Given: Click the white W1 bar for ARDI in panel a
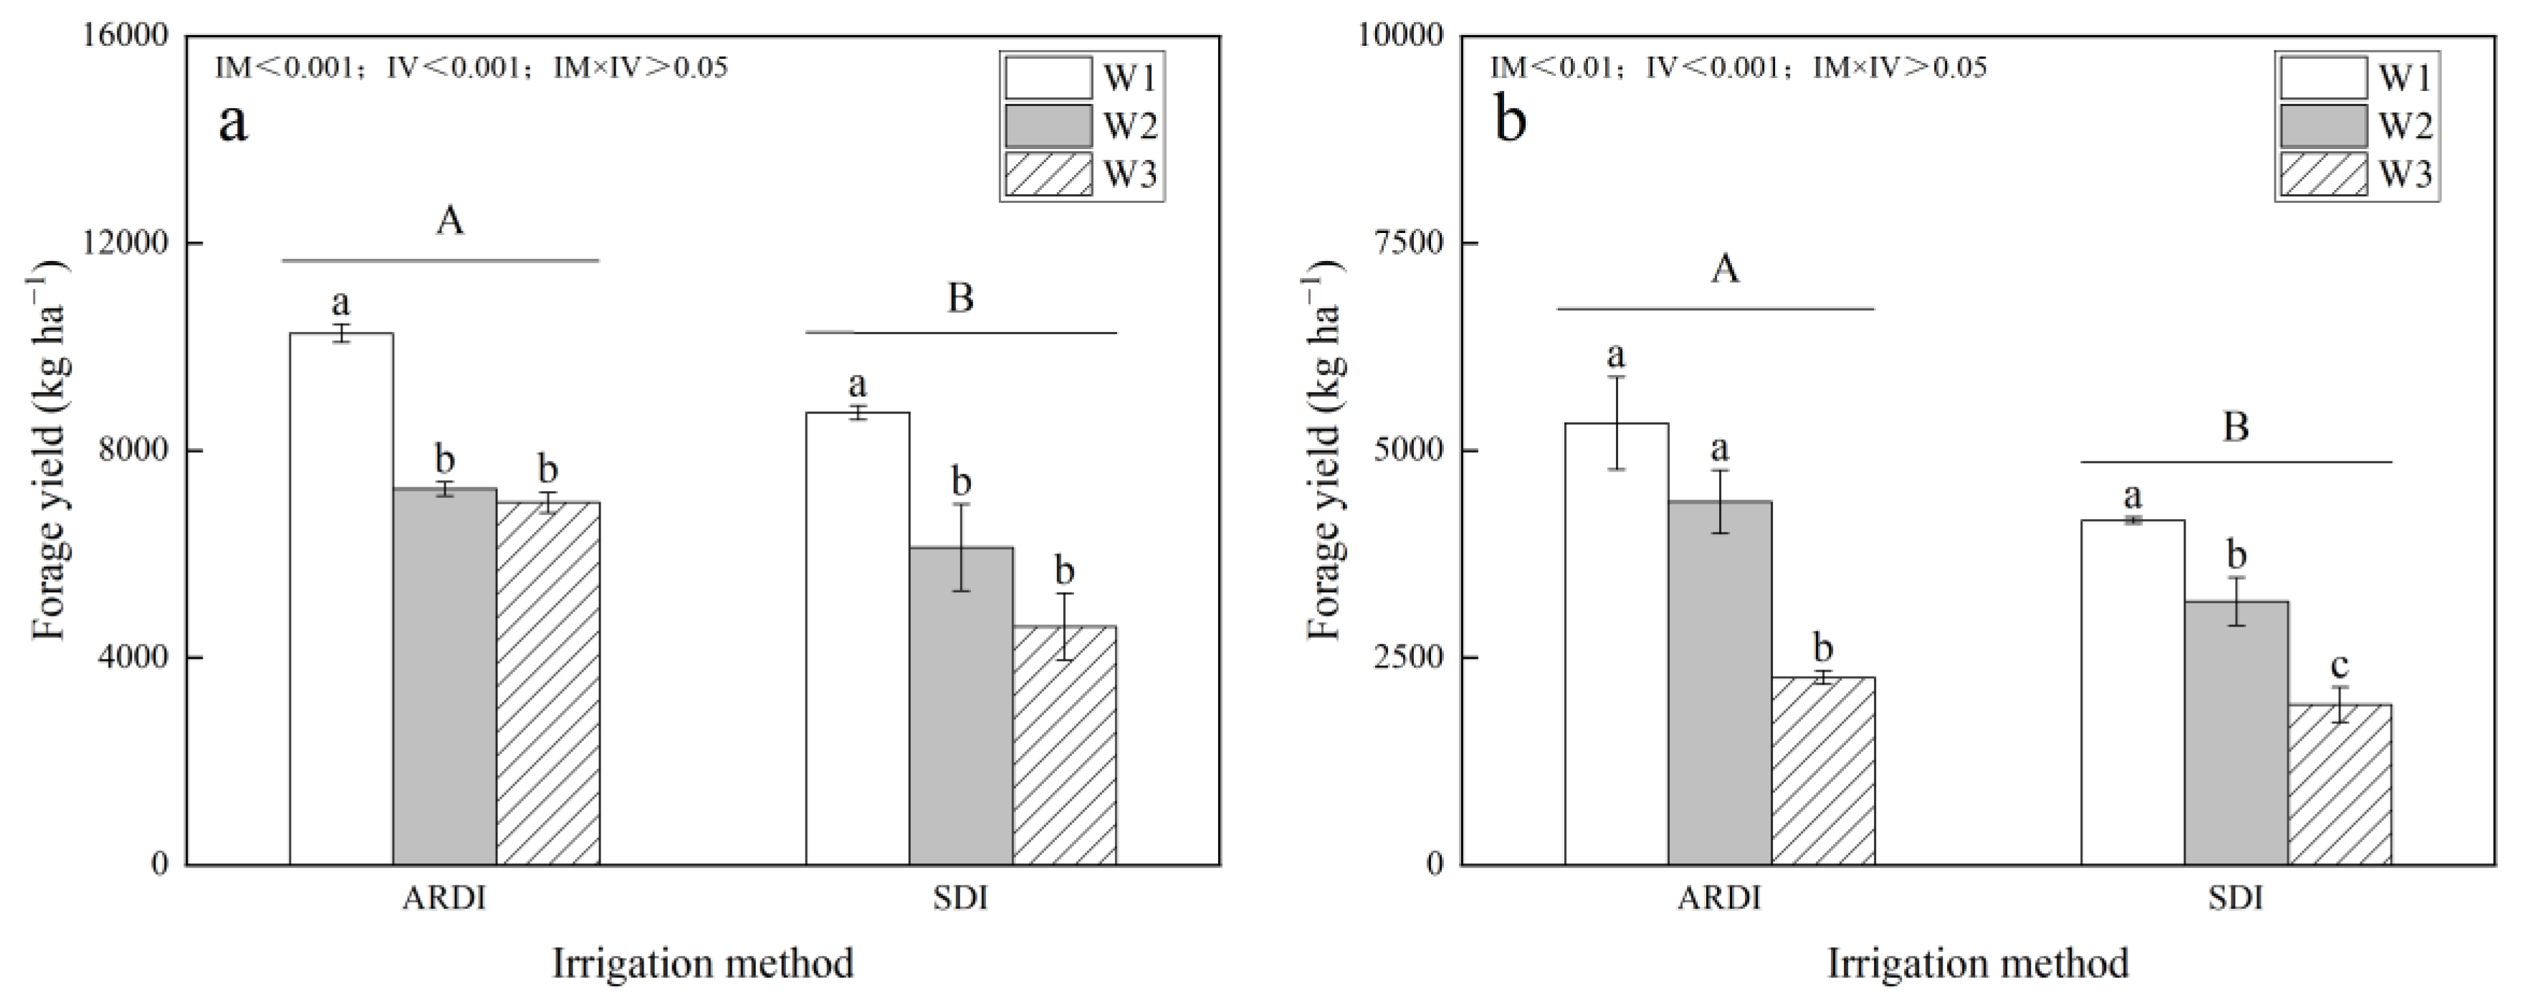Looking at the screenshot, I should [x=341, y=598].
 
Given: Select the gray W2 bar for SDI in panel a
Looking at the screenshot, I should [x=961, y=706].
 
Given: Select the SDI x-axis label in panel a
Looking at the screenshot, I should [x=961, y=898].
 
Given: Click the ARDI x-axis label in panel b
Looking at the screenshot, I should [x=1720, y=898].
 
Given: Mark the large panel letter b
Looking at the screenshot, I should [x=1510, y=123].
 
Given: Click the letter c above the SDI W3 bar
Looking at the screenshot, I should [x=2339, y=667].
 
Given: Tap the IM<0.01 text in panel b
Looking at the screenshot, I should [x=1551, y=67].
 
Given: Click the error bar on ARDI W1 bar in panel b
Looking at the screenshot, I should [x=1616, y=423].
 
